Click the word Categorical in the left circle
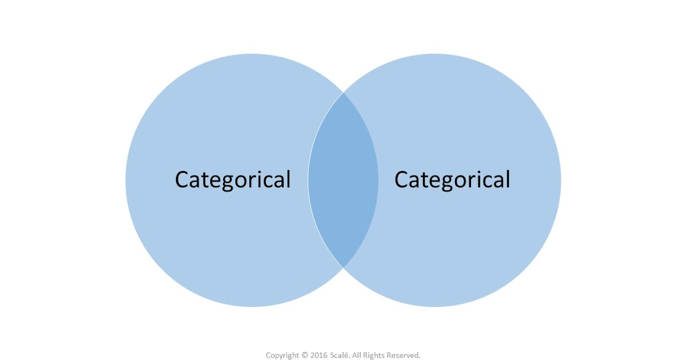point(233,179)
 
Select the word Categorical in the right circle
point(452,179)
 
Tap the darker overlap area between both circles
point(343,180)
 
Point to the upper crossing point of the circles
point(343,93)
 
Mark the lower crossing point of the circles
point(343,267)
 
